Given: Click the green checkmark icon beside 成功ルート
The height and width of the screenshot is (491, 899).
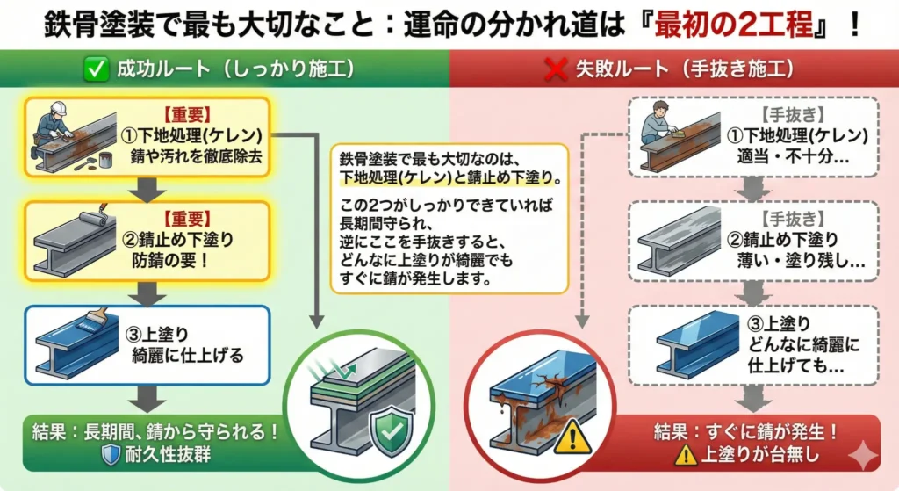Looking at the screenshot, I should [x=96, y=70].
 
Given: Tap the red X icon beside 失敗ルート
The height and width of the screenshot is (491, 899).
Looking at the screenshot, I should [x=555, y=70].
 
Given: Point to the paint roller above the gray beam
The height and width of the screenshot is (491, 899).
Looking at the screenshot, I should [x=91, y=220].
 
